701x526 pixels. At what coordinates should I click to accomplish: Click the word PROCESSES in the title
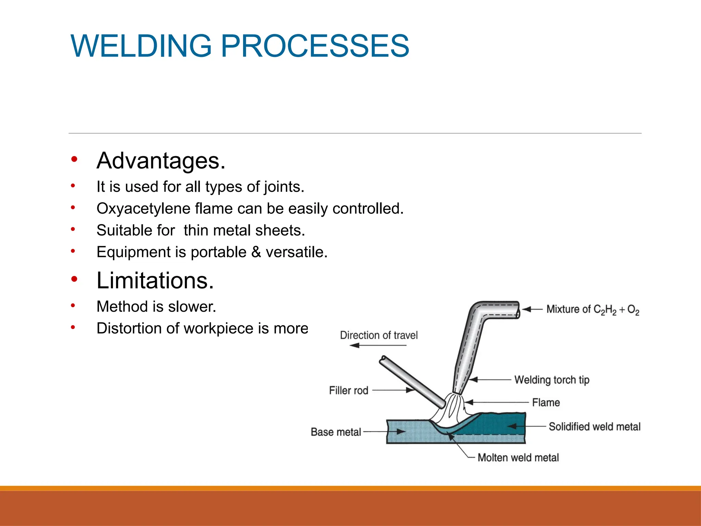(x=315, y=46)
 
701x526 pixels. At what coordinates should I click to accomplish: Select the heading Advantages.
(x=161, y=161)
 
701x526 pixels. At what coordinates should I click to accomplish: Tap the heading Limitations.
(x=155, y=280)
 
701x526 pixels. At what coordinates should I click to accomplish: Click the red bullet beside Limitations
(x=74, y=279)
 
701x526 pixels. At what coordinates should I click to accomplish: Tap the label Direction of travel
(x=379, y=335)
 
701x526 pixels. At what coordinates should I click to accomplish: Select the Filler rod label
(x=348, y=390)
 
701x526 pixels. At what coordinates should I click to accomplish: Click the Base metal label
(x=336, y=432)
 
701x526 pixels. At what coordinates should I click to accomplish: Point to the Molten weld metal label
(x=518, y=458)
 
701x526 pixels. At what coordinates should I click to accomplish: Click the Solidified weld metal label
(x=595, y=426)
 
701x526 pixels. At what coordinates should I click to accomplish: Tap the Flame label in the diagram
(x=546, y=402)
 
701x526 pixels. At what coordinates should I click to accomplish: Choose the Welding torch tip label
(x=552, y=380)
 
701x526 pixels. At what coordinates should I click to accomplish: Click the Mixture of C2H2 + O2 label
(x=592, y=309)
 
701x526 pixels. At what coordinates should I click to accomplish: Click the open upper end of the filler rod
(x=383, y=359)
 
